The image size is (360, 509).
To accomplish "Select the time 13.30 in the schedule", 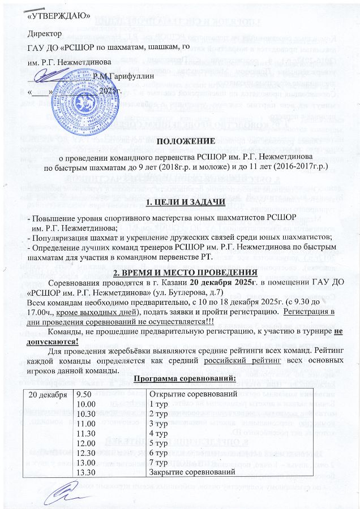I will point(86,471).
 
